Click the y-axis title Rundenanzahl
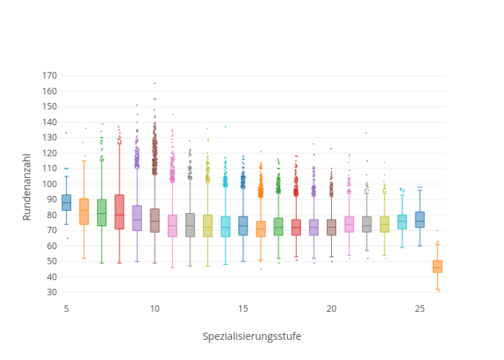27,186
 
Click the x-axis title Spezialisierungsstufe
251,336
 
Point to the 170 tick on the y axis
49,76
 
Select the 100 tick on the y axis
49,184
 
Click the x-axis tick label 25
420,309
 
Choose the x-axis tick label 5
66,309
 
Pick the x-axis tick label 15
243,309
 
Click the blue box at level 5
66,202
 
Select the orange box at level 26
437,266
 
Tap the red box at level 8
119,212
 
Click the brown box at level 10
155,220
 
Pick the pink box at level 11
172,225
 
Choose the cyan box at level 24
402,222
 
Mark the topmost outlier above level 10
154,84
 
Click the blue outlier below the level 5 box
67,238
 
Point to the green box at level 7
102,212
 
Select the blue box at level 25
420,220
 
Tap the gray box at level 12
190,225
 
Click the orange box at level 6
84,211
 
